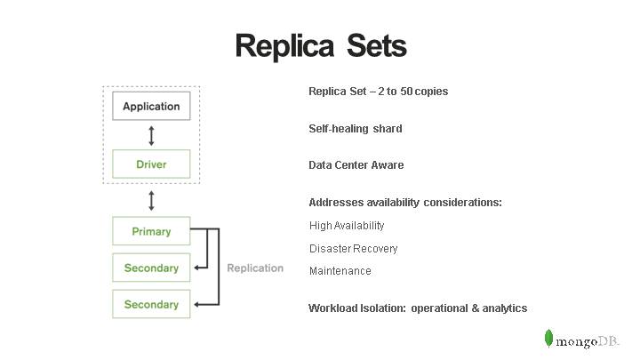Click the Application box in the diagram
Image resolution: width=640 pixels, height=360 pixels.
pos(151,107)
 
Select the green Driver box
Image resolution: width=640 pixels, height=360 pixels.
pos(151,164)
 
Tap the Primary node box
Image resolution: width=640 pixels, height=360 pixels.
pos(151,231)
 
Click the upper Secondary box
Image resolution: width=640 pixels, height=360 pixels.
pos(151,268)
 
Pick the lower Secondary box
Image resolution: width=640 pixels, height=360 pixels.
pos(151,304)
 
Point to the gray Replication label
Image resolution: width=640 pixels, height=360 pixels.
pos(255,268)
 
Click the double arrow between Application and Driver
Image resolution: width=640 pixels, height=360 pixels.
pos(151,135)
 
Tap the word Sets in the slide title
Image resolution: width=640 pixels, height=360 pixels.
pos(372,46)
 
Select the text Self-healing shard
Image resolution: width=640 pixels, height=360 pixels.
pos(356,129)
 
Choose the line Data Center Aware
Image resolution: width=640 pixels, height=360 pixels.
pos(356,165)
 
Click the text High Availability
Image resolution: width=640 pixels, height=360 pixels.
pos(347,226)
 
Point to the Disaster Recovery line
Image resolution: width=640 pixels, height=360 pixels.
pos(353,249)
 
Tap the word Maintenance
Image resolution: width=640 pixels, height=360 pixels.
pos(340,271)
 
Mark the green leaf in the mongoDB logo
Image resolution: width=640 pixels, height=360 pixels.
pos(549,339)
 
